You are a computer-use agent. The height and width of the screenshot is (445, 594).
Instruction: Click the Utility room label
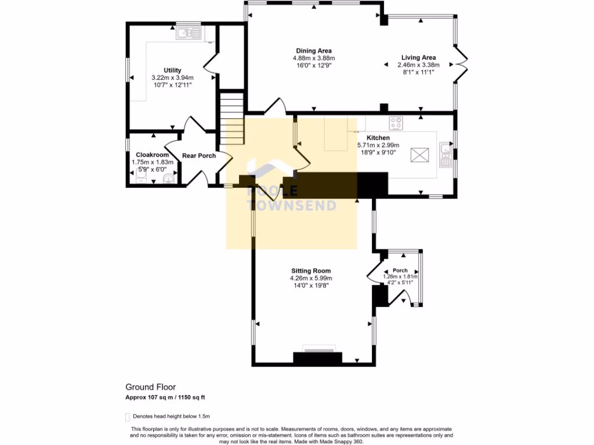172,70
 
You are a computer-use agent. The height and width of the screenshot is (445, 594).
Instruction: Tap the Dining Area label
314,51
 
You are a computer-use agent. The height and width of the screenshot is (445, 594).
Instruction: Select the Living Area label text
418,57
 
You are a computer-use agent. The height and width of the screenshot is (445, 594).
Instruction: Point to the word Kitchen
378,137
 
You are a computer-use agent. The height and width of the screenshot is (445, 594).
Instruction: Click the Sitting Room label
311,271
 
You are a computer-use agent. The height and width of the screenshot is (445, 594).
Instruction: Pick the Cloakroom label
152,155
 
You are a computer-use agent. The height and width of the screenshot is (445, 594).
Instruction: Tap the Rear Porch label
199,155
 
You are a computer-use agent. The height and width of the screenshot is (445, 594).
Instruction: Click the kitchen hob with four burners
397,123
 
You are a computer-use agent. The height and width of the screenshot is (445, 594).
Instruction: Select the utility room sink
188,34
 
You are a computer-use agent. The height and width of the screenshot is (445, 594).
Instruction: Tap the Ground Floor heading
151,387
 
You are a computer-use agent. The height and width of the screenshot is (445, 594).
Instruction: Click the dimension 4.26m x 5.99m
311,278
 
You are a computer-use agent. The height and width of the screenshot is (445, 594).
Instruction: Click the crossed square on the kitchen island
418,155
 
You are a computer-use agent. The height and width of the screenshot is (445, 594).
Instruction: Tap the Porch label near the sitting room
400,271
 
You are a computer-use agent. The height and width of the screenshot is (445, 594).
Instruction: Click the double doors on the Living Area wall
461,65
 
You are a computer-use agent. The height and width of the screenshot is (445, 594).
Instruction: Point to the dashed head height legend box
128,417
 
